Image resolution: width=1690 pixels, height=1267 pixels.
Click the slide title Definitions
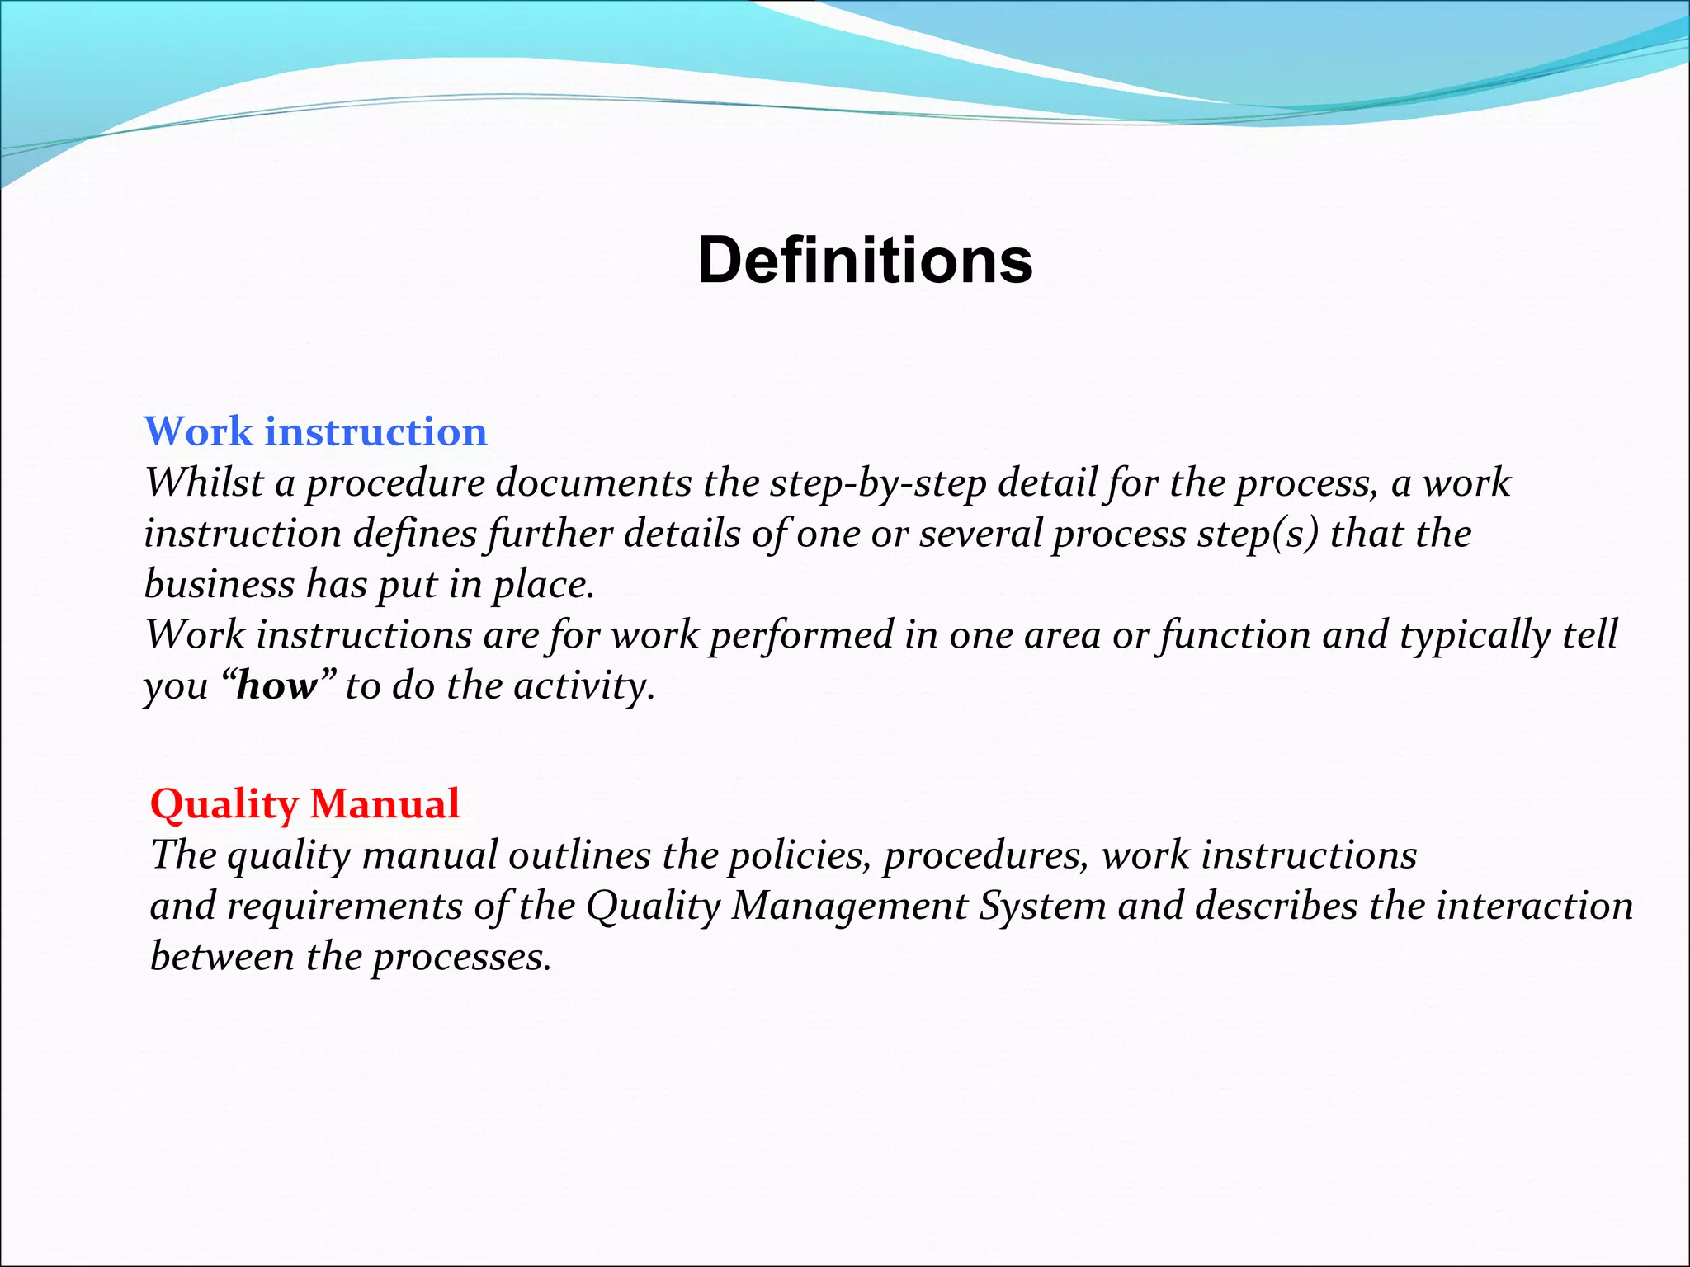tap(864, 261)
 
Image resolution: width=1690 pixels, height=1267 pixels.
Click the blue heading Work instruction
tap(316, 432)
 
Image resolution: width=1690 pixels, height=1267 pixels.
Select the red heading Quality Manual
tap(304, 804)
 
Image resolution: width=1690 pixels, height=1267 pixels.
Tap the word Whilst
tap(203, 483)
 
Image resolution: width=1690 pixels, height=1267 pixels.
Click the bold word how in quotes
tap(276, 686)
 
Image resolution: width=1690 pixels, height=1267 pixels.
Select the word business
tap(219, 585)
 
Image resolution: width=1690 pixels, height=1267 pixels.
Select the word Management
tap(849, 907)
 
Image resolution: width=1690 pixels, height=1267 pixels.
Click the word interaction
tap(1534, 907)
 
